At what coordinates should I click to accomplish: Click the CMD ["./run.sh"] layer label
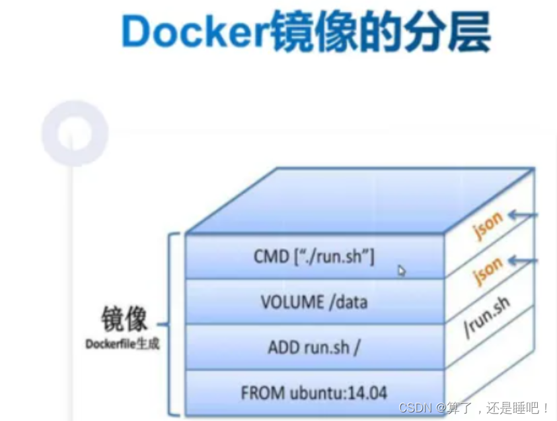point(314,257)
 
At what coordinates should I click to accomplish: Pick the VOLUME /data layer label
point(314,302)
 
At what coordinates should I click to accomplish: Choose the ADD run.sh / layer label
point(314,347)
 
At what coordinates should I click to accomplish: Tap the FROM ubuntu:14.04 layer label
point(314,393)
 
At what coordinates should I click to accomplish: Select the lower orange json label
point(488,271)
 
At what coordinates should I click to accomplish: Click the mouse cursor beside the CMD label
point(402,270)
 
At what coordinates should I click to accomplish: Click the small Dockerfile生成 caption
point(122,344)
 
